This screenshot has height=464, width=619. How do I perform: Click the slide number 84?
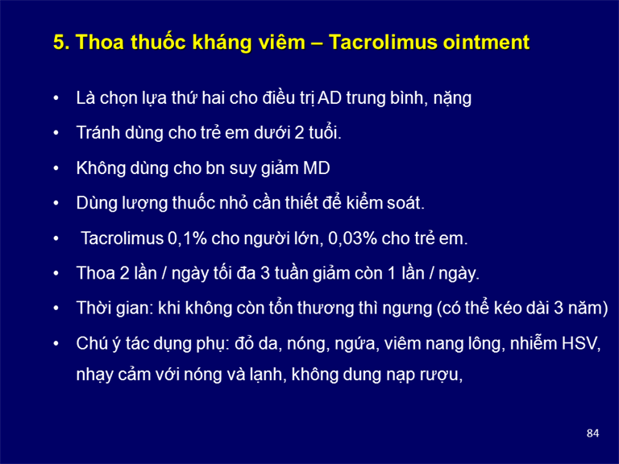[592, 433]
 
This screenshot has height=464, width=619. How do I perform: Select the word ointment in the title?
[486, 42]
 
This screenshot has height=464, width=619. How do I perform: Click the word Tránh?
[98, 133]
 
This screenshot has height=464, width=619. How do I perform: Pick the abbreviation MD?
[316, 168]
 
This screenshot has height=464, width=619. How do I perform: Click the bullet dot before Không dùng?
[56, 168]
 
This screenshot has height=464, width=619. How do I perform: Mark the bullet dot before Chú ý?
[56, 343]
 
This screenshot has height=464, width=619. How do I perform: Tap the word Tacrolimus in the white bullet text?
[122, 238]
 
